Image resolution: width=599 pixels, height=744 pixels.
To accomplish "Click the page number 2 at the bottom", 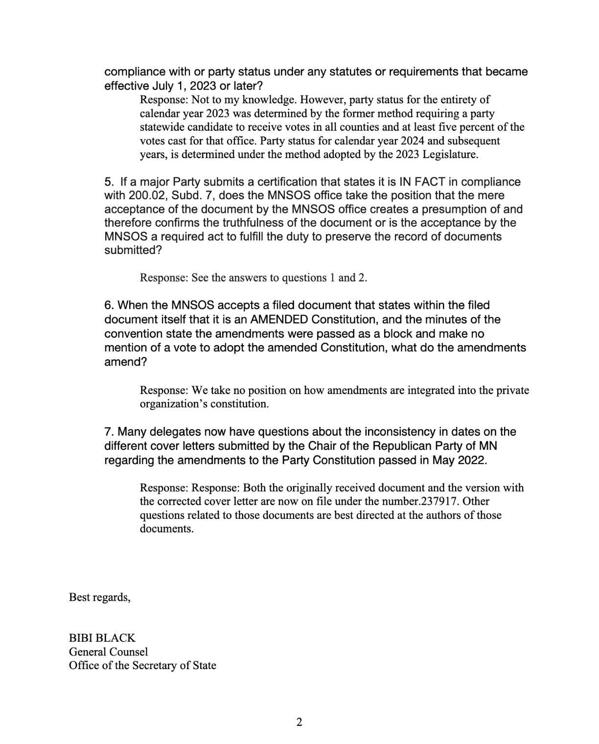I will click(299, 722).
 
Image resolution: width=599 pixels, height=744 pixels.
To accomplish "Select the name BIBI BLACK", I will click(102, 638).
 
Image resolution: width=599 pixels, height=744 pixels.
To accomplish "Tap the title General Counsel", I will click(108, 652).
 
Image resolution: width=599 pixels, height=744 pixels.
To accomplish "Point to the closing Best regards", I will click(99, 598).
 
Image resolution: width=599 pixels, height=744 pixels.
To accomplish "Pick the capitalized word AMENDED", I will click(279, 320).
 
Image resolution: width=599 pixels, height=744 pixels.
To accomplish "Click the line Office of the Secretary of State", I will click(142, 666).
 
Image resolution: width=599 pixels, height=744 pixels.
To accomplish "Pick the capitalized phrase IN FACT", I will click(422, 182).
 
